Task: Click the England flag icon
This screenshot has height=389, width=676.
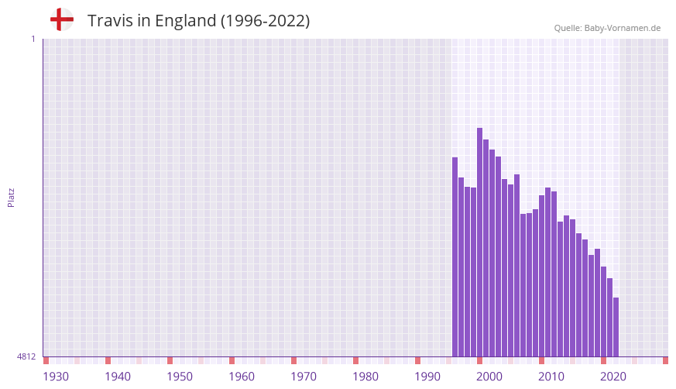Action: click(x=62, y=20)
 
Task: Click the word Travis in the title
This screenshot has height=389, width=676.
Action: click(x=111, y=21)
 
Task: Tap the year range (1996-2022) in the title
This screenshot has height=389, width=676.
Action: click(x=265, y=21)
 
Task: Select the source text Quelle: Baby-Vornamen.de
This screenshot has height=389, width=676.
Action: click(x=607, y=28)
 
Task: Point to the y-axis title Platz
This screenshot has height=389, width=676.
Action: click(x=11, y=197)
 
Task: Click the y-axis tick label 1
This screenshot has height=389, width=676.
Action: click(x=33, y=39)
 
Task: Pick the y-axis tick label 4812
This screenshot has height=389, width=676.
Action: click(x=26, y=356)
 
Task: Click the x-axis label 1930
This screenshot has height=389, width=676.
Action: click(x=56, y=377)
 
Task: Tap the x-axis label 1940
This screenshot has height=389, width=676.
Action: click(x=118, y=377)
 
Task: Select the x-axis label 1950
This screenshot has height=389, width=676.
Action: click(x=180, y=377)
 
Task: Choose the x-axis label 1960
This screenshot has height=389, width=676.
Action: click(x=242, y=377)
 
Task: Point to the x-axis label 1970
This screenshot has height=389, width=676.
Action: click(x=304, y=377)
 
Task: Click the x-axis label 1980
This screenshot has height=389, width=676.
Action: click(x=365, y=377)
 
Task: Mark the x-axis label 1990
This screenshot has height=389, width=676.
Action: click(x=427, y=377)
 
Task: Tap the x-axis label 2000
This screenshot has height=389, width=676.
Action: click(x=489, y=377)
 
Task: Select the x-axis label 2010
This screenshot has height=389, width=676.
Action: click(x=551, y=377)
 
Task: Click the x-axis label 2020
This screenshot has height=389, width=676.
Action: click(x=613, y=377)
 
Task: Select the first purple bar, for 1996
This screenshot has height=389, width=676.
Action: click(x=455, y=256)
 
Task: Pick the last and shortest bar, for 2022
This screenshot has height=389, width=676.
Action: click(x=616, y=327)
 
